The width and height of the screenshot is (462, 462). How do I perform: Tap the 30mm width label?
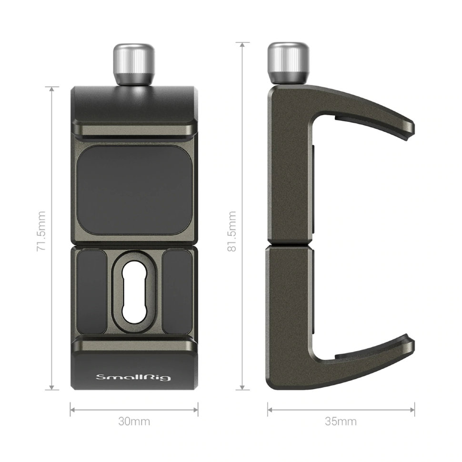coord(134,422)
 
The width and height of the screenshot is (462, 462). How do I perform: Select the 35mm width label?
coord(341,422)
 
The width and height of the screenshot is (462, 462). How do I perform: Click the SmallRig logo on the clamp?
coord(134,378)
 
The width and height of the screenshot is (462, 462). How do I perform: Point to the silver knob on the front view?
coord(134,64)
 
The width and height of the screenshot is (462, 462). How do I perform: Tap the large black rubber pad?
coord(134,191)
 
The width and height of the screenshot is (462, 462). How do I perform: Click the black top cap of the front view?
coord(134,105)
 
